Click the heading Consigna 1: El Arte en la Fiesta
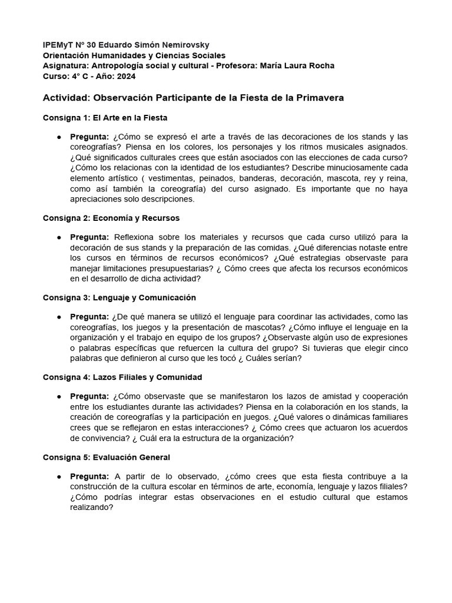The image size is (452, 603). click(105, 118)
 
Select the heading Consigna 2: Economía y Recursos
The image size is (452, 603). click(111, 218)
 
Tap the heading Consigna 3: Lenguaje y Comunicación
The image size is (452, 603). click(119, 297)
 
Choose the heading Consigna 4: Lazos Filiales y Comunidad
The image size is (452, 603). click(122, 377)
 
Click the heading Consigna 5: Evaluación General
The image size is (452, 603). click(107, 457)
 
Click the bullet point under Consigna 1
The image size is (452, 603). click(59, 137)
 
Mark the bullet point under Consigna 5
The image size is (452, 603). click(59, 476)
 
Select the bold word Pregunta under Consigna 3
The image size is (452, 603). click(89, 317)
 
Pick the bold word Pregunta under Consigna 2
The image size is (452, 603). click(89, 237)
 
